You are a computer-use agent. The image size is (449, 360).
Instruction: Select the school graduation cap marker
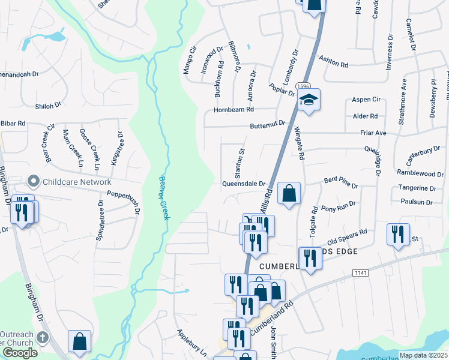coord(309,100)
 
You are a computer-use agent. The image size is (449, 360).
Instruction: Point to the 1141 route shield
coord(360,272)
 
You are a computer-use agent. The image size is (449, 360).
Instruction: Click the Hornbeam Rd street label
coord(234,110)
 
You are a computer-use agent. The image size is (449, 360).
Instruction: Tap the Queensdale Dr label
coord(244,184)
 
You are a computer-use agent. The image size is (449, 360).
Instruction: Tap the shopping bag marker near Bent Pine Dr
coord(289,194)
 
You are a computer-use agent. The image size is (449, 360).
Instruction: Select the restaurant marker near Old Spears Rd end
coord(397,234)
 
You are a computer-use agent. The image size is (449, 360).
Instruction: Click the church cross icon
coord(42,337)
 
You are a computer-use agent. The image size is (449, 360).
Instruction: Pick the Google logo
coord(20,353)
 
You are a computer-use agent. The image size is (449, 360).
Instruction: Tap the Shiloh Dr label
coord(49,105)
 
